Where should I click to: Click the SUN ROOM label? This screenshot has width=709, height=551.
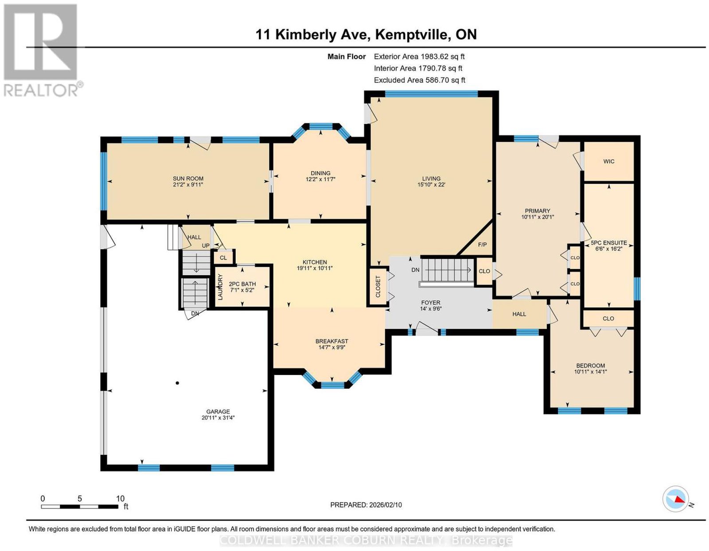coord(188,179)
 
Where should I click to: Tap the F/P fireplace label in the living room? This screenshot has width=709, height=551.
coord(482,245)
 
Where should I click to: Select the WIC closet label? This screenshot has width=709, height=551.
coord(609,161)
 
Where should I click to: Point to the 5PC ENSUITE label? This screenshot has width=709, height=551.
coord(609,243)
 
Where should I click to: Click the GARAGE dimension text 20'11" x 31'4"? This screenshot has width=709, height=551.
coord(218,418)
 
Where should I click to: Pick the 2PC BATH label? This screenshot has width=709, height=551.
coord(242,284)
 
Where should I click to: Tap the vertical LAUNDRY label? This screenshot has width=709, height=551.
coord(220,287)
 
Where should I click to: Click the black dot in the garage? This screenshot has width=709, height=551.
coord(177,383)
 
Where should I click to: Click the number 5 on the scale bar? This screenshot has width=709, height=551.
coord(80,499)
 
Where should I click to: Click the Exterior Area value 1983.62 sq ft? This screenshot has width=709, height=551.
coord(442,56)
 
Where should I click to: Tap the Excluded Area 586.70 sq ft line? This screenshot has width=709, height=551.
coord(420,80)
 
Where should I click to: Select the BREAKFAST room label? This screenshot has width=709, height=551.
coord(332,341)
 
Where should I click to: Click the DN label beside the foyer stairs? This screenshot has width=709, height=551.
coord(415,270)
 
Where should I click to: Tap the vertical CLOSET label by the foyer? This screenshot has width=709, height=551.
coord(378,286)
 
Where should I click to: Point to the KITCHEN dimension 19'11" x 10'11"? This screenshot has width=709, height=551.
coord(315,268)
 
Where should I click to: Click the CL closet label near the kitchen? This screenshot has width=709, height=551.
coord(223,258)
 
